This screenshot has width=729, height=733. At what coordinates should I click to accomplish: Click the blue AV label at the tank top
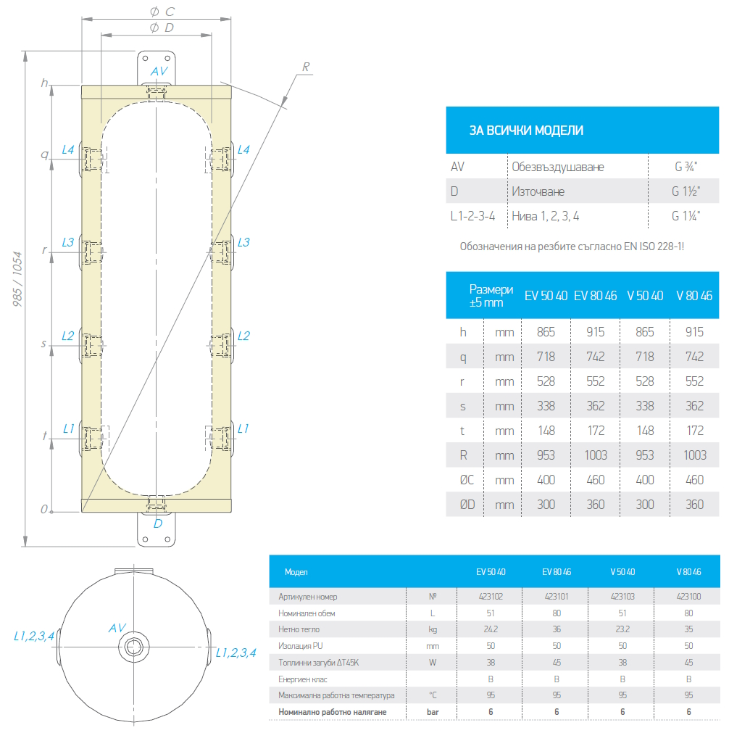point(159,71)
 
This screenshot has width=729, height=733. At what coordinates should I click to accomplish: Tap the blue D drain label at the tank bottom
point(158,523)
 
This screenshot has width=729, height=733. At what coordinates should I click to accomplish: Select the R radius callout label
point(306,67)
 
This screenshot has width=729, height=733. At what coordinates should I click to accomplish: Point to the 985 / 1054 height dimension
point(17,279)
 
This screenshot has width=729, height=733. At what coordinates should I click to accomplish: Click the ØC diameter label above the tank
point(162,12)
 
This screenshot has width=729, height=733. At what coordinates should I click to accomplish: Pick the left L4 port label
point(68,149)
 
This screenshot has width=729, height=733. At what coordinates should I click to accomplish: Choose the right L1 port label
point(243,428)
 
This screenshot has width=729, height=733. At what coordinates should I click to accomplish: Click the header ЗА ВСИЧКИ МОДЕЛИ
point(526,131)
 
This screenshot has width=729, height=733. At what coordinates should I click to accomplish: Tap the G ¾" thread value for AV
point(686,167)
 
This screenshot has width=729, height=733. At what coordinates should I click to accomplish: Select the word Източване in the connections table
point(538,191)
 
